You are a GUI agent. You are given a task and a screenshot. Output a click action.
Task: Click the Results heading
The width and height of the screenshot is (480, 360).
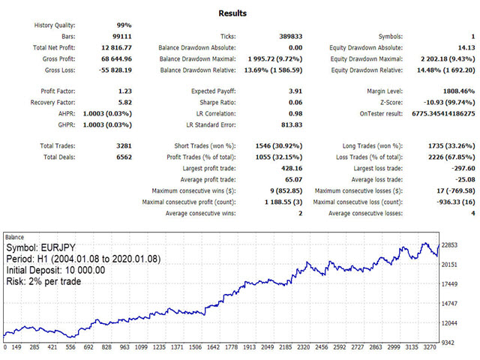pos(232,13)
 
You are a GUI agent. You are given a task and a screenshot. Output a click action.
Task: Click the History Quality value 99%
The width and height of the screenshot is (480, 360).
pos(122,25)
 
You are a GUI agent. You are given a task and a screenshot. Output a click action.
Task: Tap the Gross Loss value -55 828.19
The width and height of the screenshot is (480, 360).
pos(112,70)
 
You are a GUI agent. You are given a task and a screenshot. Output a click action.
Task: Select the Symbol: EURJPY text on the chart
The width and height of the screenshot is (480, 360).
pos(42,247)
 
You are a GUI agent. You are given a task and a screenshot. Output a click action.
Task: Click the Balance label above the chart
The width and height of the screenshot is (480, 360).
pos(15,237)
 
